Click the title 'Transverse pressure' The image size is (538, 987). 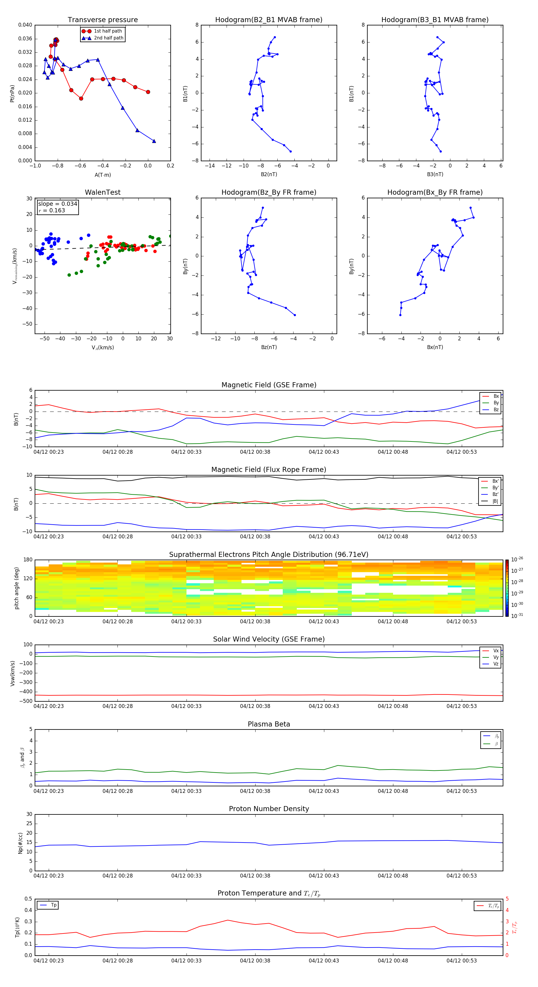click(103, 20)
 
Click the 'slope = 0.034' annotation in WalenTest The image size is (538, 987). click(57, 204)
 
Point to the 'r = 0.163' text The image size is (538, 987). click(52, 210)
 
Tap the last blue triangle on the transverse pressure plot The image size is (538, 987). click(154, 141)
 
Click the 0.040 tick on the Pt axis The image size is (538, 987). click(25, 25)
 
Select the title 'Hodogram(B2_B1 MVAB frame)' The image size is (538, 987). click(268, 20)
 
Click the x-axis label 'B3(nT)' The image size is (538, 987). click(435, 174)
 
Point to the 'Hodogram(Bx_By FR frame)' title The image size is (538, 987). click(435, 192)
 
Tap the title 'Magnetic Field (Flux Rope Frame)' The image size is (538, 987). click(268, 470)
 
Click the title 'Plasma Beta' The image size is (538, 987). click(268, 724)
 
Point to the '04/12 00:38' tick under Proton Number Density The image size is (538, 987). click(255, 875)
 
